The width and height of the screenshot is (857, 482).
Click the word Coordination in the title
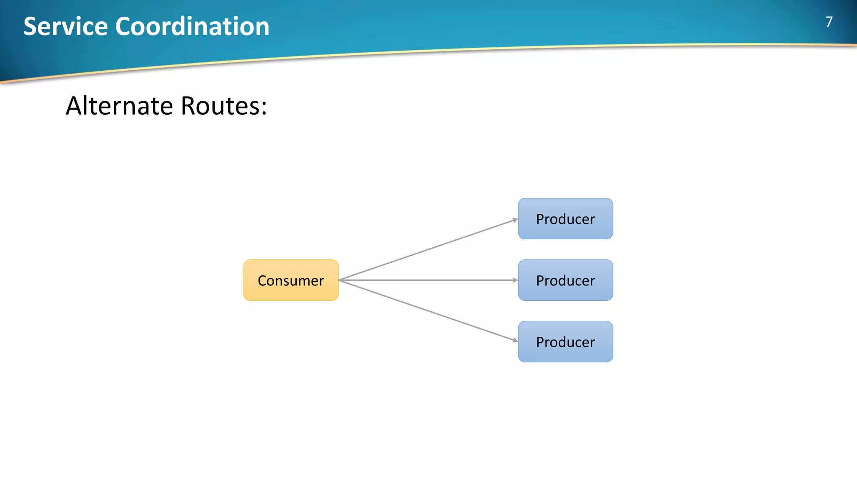tap(192, 26)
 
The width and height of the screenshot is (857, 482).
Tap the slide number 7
tap(829, 22)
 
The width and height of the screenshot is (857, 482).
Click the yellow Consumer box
tap(291, 280)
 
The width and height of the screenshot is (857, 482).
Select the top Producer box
tap(565, 219)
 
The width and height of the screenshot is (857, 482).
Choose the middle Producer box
tap(565, 280)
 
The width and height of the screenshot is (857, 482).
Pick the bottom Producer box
tap(565, 341)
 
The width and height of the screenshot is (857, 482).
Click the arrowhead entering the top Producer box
tap(515, 220)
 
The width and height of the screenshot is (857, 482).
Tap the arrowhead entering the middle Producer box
tap(515, 280)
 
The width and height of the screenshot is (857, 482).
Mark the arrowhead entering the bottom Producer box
tap(515, 340)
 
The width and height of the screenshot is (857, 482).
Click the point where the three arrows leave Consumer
tap(339, 280)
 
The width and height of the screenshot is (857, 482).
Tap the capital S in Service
tap(31, 26)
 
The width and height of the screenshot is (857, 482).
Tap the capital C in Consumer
tap(262, 280)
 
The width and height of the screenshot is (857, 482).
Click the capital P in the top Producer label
tap(540, 219)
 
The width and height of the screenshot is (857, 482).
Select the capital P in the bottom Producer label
tap(540, 342)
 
